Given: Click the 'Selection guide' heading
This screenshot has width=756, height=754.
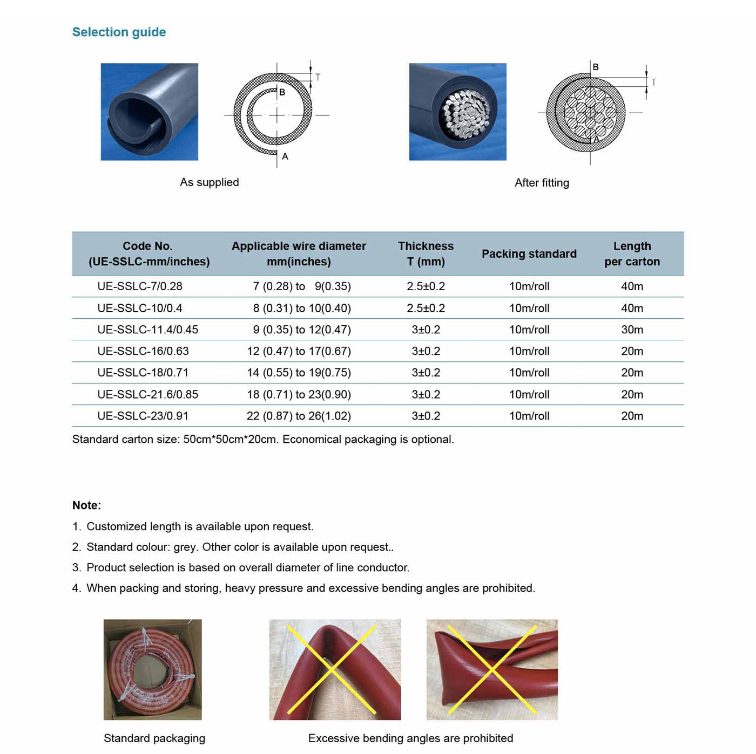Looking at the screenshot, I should [x=119, y=32].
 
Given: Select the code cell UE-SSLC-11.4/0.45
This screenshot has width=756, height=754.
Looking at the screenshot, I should [x=147, y=330].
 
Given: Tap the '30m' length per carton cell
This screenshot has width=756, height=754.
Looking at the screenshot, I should [x=632, y=330].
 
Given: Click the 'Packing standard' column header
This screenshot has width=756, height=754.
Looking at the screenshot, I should [x=529, y=254].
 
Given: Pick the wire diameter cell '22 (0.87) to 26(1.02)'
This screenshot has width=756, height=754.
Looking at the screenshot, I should [x=299, y=416].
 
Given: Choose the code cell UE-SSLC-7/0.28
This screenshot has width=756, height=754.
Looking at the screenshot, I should [x=139, y=286].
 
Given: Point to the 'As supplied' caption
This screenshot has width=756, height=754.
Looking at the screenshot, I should [x=209, y=182].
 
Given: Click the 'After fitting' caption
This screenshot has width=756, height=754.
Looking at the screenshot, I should [x=542, y=183].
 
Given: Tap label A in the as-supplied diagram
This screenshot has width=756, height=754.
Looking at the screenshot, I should [x=285, y=156].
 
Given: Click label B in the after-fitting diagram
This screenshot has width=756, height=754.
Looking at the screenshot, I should [x=596, y=67].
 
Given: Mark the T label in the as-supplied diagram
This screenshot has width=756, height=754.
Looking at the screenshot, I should [x=318, y=78].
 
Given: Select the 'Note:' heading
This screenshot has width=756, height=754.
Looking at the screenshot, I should [x=86, y=505].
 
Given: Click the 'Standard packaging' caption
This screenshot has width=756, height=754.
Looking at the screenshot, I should [x=154, y=738].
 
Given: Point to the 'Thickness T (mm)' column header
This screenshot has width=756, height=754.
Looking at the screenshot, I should [x=426, y=254].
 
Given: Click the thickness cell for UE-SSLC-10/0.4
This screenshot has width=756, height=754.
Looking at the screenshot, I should [x=426, y=308].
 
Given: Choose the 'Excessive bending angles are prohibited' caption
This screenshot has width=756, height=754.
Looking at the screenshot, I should [x=410, y=738].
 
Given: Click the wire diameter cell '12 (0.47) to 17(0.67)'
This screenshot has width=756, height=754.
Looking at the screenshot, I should [x=299, y=351].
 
